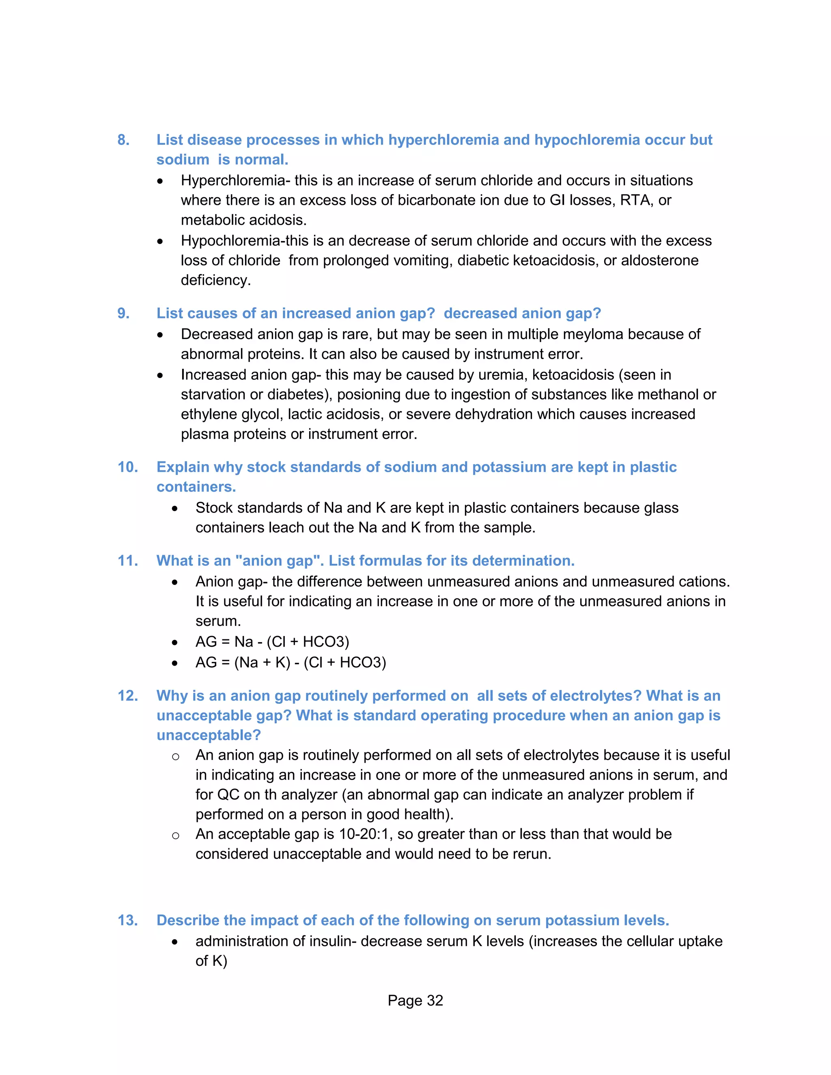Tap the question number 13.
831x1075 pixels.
(x=127, y=920)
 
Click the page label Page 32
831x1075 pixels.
(x=415, y=1001)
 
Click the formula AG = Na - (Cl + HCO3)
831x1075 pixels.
(x=272, y=642)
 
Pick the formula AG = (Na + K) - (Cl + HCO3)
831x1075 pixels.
(x=291, y=662)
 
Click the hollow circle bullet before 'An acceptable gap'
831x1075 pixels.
(x=175, y=835)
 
